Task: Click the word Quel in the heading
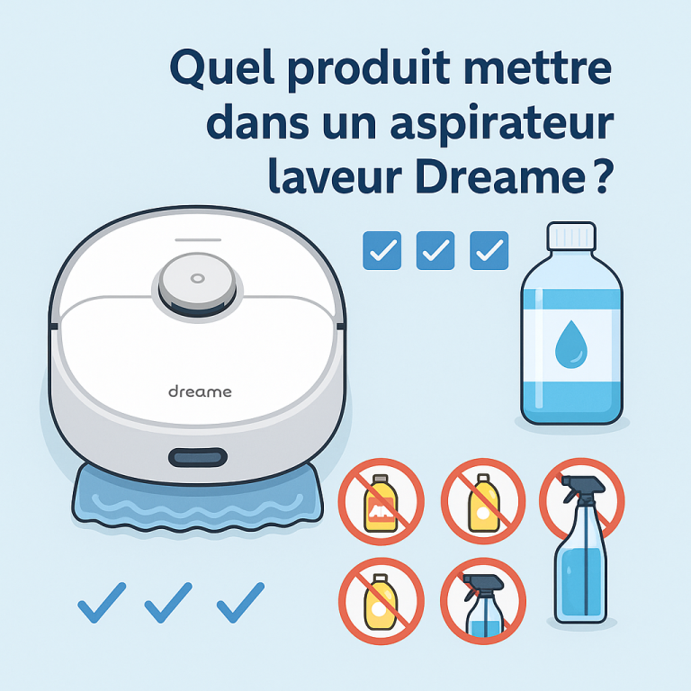pos(221,67)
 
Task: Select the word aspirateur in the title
pos(501,124)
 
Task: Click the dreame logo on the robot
pos(200,391)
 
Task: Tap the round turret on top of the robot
pos(197,284)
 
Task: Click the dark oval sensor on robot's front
pos(198,457)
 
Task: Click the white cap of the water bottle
pos(571,237)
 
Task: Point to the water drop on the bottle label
pos(571,345)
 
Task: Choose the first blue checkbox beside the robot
pos(382,250)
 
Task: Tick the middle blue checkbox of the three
pos(435,250)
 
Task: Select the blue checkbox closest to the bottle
pos(489,250)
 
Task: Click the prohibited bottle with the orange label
pos(381,502)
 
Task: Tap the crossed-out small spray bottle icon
pos(483,601)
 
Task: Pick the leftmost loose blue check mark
pos(102,603)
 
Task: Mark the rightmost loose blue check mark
pos(240,603)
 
